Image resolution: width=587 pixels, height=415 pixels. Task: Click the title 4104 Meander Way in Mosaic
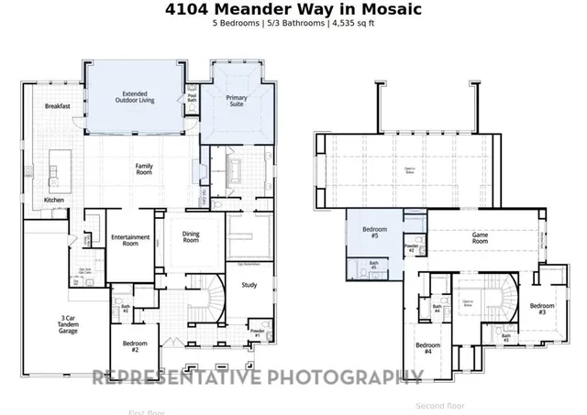click(x=293, y=9)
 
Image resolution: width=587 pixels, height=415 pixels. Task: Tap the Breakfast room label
click(x=58, y=106)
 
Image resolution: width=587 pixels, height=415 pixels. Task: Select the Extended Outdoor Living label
click(x=135, y=96)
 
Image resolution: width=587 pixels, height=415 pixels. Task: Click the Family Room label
click(x=144, y=169)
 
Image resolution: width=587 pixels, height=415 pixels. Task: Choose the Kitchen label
click(x=54, y=200)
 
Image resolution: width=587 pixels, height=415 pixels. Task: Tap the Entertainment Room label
click(x=130, y=241)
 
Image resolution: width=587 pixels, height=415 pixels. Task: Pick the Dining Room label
click(x=191, y=236)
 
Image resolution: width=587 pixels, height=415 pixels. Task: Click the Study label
click(x=249, y=285)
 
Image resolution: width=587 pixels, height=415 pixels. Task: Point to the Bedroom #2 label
click(x=136, y=346)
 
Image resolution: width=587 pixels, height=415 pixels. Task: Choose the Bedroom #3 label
click(x=541, y=309)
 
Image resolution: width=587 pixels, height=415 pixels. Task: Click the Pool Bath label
click(x=193, y=97)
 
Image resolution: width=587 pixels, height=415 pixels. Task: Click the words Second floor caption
click(x=440, y=405)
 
